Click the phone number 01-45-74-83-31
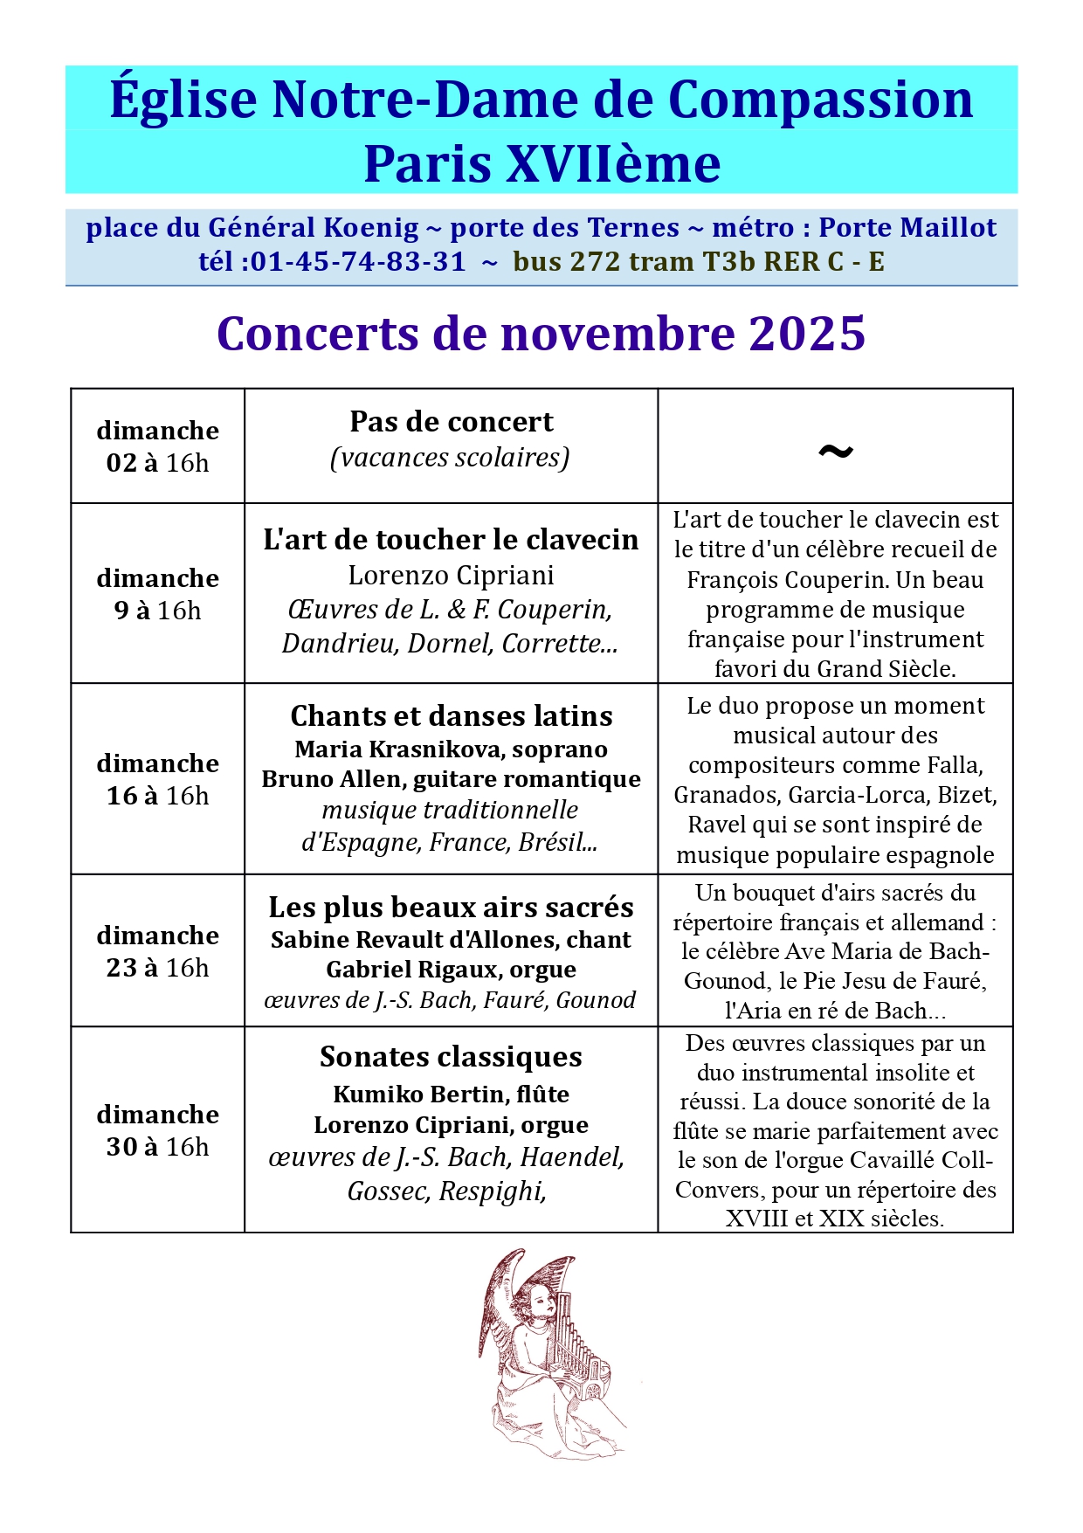pos(358,262)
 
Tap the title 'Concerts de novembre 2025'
pos(541,334)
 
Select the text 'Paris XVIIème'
pos(541,164)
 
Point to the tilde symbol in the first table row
pos(835,451)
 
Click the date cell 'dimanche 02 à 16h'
pos(157,446)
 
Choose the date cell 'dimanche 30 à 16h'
pos(157,1130)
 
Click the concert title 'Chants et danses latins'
pos(451,716)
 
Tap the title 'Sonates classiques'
pos(451,1057)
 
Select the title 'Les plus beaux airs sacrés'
pos(451,908)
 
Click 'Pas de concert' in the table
pos(451,422)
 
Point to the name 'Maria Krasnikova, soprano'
pos(451,749)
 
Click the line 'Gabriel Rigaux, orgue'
pos(451,970)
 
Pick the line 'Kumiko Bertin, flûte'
pos(451,1095)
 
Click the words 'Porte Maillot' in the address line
pos(907,228)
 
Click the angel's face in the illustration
pos(542,1304)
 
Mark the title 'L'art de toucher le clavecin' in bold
pos(451,540)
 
